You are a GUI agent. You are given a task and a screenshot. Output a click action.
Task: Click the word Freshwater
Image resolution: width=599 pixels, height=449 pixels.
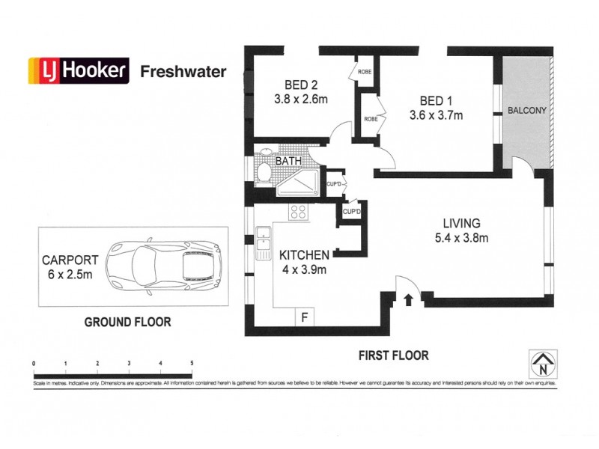[183, 72]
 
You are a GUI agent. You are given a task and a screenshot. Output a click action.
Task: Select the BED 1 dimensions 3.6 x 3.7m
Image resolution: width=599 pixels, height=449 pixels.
[436, 115]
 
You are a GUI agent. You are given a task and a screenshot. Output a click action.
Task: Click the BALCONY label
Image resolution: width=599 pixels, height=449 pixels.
[526, 111]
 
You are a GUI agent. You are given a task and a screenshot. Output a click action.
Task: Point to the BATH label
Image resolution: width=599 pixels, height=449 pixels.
[289, 161]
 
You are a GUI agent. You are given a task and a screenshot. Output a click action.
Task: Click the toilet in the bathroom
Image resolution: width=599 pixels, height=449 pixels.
[264, 172]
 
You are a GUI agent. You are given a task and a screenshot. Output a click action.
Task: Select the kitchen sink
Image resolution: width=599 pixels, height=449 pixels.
[263, 240]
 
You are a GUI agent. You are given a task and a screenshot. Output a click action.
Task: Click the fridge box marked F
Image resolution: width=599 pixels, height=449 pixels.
[304, 317]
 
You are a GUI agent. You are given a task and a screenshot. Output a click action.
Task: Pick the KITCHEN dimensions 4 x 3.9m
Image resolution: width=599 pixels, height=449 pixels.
[303, 270]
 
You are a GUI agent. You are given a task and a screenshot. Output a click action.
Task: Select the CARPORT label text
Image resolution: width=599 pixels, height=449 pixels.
[70, 261]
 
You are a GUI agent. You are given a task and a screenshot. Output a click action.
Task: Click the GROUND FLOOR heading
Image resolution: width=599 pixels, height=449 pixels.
[127, 323]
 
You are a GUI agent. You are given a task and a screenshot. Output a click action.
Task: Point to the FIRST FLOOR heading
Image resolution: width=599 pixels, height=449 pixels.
[394, 355]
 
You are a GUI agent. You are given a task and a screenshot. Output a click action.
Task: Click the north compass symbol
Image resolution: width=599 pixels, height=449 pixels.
[541, 364]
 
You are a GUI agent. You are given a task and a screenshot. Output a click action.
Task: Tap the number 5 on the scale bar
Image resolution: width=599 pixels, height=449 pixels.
[192, 364]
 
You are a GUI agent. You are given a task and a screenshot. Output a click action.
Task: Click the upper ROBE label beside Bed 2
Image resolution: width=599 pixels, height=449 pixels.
[365, 72]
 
